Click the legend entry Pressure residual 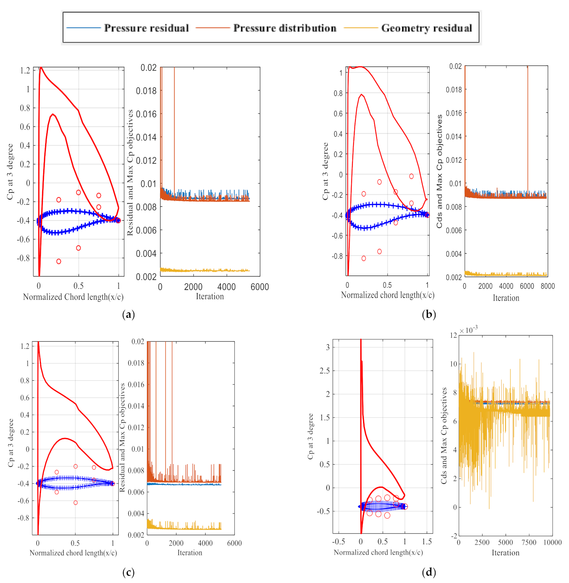146,28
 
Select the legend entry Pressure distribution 284,28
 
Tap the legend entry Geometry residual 426,28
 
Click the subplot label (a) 129,314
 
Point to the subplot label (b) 429,314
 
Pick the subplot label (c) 129,572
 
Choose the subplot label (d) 429,572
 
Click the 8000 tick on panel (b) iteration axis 547,286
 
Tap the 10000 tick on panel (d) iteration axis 552,542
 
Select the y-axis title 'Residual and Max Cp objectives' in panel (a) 130,173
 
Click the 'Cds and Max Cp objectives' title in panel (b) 439,172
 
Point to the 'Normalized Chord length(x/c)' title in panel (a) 73,297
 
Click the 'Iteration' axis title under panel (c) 190,553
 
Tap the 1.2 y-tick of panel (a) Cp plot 25,71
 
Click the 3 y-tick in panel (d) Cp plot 328,347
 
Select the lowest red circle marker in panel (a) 59,262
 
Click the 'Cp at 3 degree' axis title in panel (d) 311,436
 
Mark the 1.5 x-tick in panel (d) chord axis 427,542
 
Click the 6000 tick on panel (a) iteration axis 260,287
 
